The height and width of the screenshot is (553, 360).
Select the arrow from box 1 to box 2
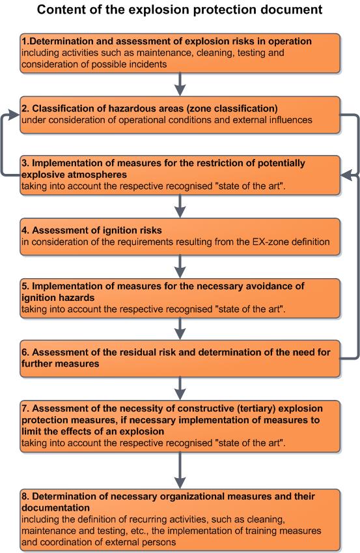pyautogui.click(x=180, y=84)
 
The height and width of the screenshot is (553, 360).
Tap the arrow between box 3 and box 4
pyautogui.click(x=180, y=206)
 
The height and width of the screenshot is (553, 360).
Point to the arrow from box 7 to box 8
pyautogui.click(x=180, y=470)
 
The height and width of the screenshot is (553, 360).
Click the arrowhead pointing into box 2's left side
pyautogui.click(x=14, y=115)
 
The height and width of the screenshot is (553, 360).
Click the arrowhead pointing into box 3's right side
pyautogui.click(x=346, y=175)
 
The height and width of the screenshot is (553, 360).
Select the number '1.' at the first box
pyautogui.click(x=25, y=41)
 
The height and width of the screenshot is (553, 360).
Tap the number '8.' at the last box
pyautogui.click(x=25, y=496)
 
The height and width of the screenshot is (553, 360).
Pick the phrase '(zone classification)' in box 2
pyautogui.click(x=234, y=108)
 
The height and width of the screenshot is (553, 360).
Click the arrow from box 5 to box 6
pyautogui.click(x=180, y=329)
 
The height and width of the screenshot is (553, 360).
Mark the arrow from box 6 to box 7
pyautogui.click(x=180, y=389)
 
